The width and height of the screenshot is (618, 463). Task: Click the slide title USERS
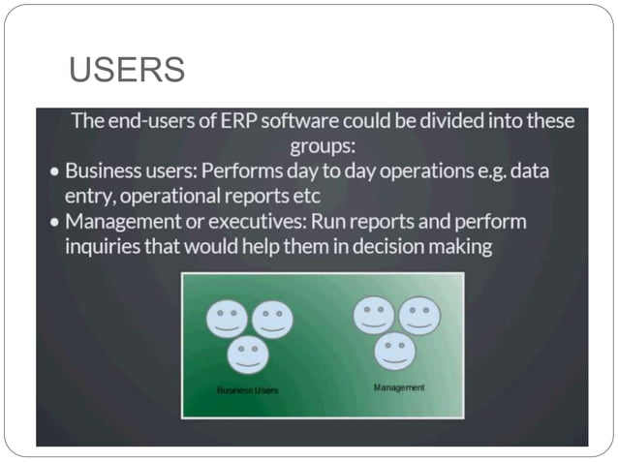pyautogui.click(x=128, y=71)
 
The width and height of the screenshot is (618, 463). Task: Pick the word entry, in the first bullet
pyautogui.click(x=92, y=197)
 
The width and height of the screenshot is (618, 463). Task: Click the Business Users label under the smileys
pyautogui.click(x=247, y=390)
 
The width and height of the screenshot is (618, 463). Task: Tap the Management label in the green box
pyautogui.click(x=399, y=387)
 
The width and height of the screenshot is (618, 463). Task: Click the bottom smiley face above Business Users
pyautogui.click(x=248, y=355)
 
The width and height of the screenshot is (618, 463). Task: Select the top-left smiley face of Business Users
pyautogui.click(x=227, y=319)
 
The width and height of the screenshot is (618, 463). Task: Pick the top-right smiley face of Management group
pyautogui.click(x=418, y=316)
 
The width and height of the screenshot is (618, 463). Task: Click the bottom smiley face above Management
pyautogui.click(x=395, y=351)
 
